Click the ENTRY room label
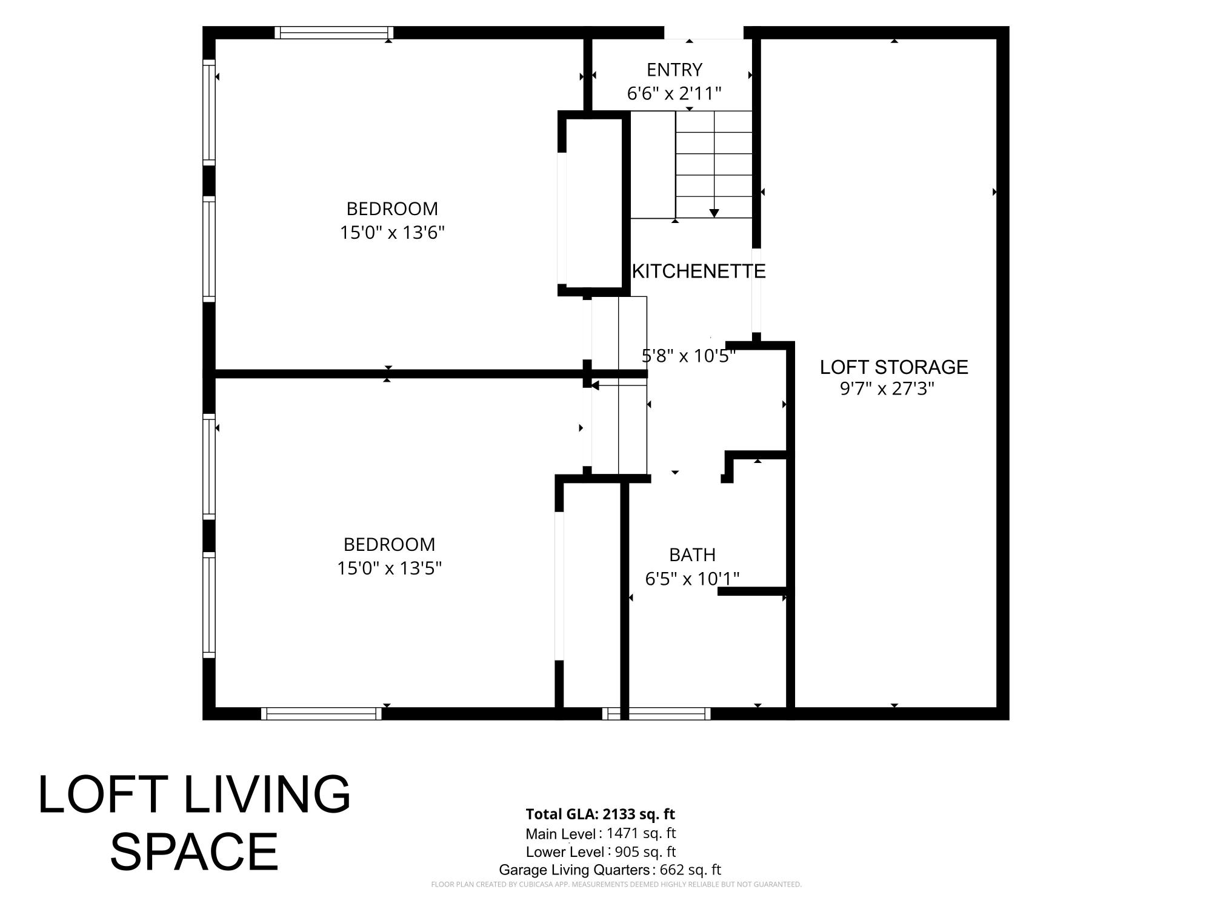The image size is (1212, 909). pos(674,70)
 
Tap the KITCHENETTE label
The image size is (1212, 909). pos(699,271)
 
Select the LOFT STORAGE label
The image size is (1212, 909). pos(894,367)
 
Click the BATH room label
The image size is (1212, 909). pos(692,554)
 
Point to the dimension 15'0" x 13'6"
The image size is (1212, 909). pos(392,233)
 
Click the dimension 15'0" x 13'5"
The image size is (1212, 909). pos(389,568)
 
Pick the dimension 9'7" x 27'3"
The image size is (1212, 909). pos(887,388)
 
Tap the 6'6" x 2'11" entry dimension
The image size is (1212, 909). pos(674,94)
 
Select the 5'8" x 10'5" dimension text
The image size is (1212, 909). pos(688,356)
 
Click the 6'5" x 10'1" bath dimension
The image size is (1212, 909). pos(692,579)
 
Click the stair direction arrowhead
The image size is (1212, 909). pos(714,213)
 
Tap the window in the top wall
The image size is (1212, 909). pos(334,33)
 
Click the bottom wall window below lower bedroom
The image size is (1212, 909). pos(321,714)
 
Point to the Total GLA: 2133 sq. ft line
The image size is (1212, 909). pos(600,814)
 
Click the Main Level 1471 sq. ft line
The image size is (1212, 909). pos(601,833)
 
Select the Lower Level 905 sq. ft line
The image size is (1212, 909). pos(601,851)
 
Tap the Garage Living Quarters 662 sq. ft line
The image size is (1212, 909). pos(610,870)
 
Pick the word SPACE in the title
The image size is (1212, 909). pos(194,851)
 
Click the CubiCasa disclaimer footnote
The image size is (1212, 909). pos(616,885)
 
